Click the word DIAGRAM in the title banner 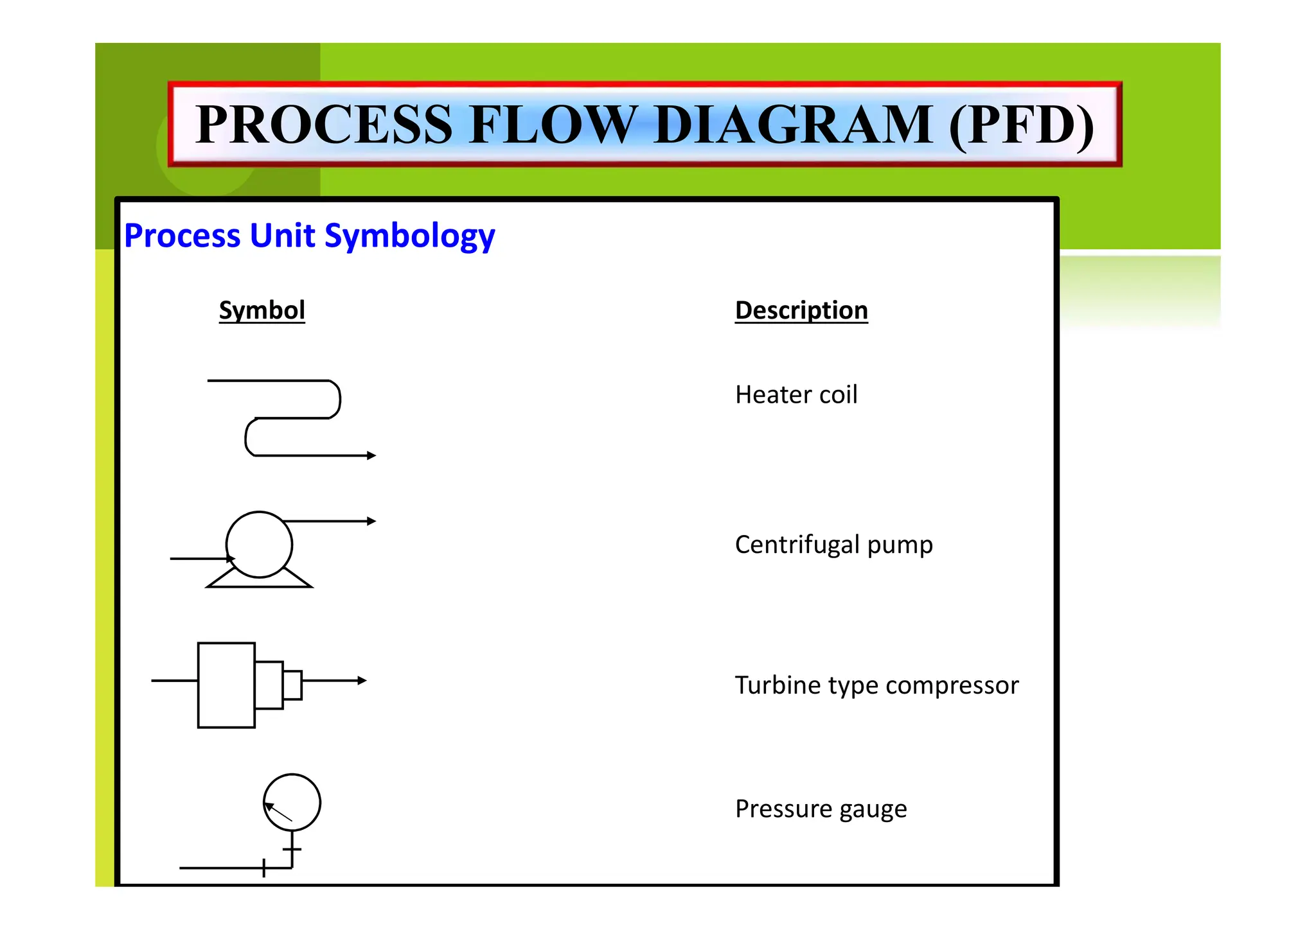793,125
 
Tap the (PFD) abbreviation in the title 1022,125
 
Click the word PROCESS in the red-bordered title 325,125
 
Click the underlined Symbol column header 262,310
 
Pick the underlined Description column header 801,310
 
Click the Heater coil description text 796,394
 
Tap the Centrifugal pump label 833,545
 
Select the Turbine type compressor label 876,685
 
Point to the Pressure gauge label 821,809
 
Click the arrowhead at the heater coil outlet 371,455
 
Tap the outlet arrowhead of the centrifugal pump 371,521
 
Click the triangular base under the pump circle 259,581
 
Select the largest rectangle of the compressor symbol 226,685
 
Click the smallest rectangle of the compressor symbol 292,685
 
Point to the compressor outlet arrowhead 362,680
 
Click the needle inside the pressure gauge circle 279,812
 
